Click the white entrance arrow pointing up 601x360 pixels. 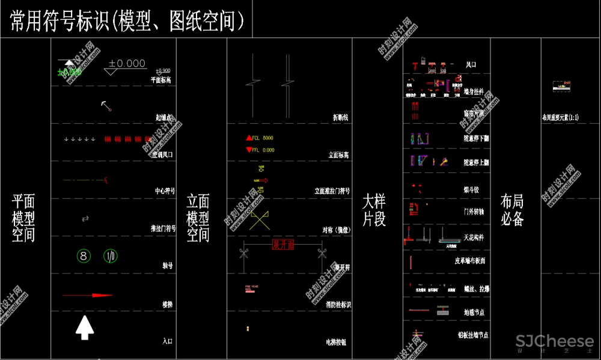[x=85, y=328]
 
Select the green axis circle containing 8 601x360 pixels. [x=84, y=256]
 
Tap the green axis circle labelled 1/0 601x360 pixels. [x=111, y=256]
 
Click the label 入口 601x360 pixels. [x=168, y=341]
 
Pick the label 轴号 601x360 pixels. [x=168, y=266]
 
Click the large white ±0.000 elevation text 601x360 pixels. [x=127, y=64]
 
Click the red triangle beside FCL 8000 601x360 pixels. [x=249, y=138]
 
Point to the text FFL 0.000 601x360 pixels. [x=263, y=150]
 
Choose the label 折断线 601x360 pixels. [x=341, y=117]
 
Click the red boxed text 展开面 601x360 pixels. [x=283, y=245]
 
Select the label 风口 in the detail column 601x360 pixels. [x=471, y=65]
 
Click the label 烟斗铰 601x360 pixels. [x=471, y=190]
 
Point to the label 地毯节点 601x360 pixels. [x=474, y=313]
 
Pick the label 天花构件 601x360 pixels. [x=474, y=237]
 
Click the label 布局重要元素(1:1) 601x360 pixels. [x=560, y=118]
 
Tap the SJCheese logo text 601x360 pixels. [x=554, y=341]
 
